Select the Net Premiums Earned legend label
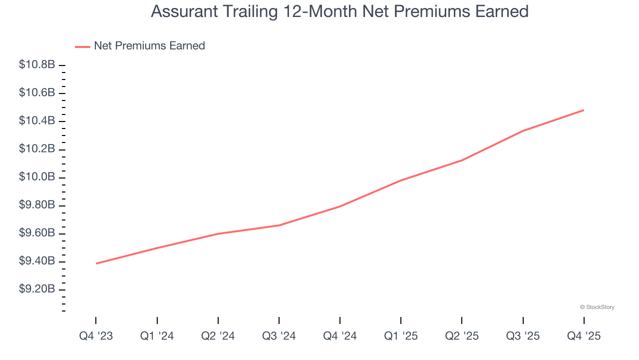tap(149, 46)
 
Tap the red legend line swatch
tap(82, 46)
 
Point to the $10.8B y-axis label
tap(37, 65)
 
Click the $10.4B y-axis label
tap(37, 121)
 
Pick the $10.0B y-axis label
tap(37, 177)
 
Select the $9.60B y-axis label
tap(37, 233)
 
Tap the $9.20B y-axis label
tap(37, 290)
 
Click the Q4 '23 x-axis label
tap(96, 336)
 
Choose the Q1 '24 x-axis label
tap(157, 336)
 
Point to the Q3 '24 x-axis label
tap(279, 336)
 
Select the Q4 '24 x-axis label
tap(340, 336)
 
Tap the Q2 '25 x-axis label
tap(462, 336)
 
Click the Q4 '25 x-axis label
tap(584, 336)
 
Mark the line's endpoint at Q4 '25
tap(584, 110)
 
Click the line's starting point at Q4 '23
tap(96, 263)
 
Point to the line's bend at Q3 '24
tap(279, 225)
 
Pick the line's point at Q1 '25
tap(401, 180)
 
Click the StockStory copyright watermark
tap(597, 307)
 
